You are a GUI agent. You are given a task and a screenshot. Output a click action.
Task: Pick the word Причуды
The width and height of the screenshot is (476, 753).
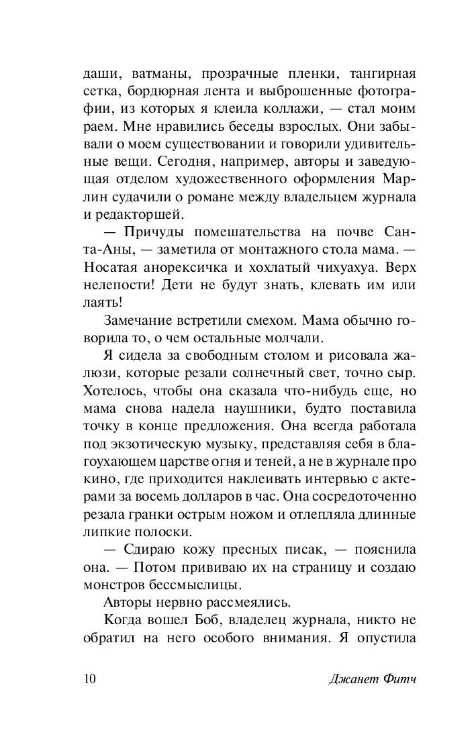pyautogui.click(x=151, y=232)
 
